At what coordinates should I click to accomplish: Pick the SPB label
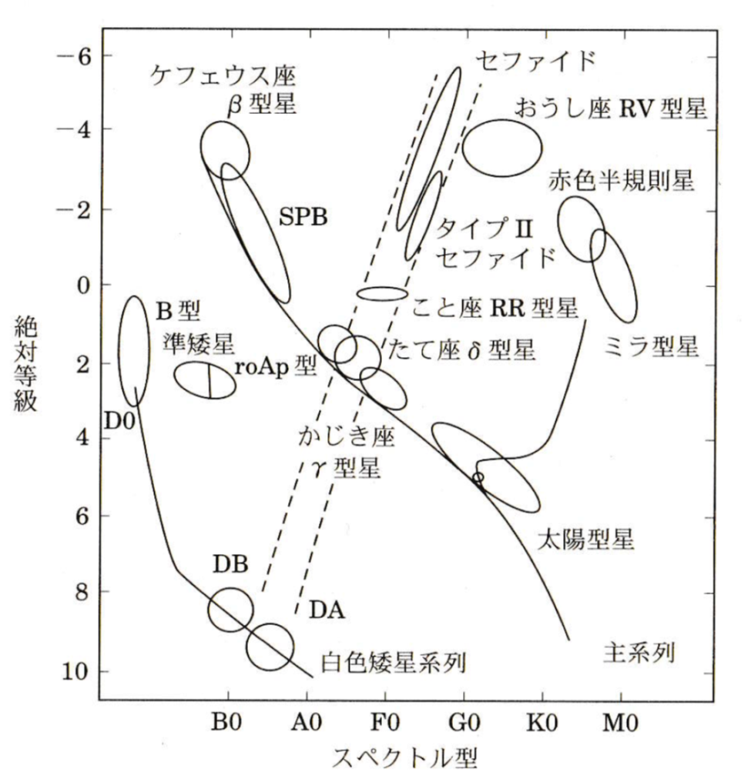pos(303,217)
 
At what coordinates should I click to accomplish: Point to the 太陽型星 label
pos(586,539)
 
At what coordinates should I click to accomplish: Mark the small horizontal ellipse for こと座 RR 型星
pos(381,293)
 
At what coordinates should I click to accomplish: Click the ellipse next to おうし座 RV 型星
pos(502,147)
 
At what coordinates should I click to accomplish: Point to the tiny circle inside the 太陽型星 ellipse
pos(478,477)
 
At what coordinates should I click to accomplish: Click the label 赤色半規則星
pos(622,180)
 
